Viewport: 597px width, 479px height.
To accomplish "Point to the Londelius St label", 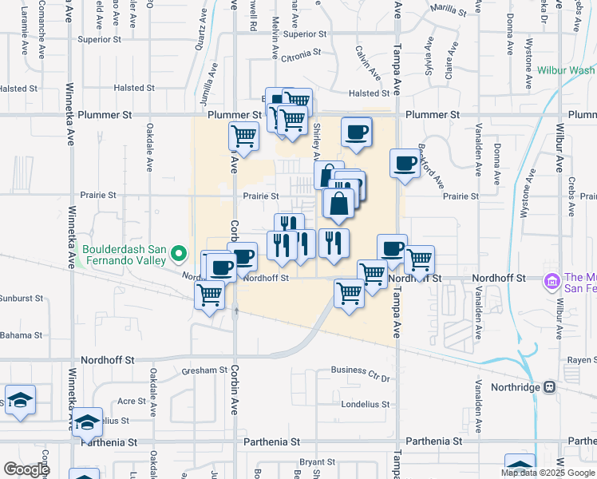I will (x=365, y=404).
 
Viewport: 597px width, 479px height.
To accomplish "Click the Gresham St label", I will (x=204, y=370).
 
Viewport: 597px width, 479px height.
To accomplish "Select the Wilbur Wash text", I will (x=567, y=71).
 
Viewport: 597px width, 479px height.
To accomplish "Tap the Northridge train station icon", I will (x=549, y=387).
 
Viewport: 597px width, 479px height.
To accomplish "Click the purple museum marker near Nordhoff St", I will (x=551, y=281).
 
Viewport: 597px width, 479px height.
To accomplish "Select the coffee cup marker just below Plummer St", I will (x=357, y=132).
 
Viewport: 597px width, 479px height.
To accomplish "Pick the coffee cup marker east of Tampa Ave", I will (x=405, y=164).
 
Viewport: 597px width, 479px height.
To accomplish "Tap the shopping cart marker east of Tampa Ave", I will (x=419, y=260).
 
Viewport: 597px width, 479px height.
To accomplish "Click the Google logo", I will (x=26, y=469).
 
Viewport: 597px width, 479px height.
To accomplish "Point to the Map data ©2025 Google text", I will (x=547, y=472).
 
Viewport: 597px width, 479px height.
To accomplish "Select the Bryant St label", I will (x=317, y=462).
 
